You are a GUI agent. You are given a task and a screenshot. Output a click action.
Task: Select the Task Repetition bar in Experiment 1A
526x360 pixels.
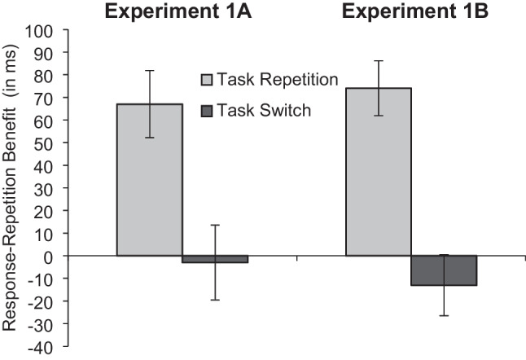(x=150, y=179)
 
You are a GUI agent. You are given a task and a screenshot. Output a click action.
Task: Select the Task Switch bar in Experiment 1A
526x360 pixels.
(x=215, y=259)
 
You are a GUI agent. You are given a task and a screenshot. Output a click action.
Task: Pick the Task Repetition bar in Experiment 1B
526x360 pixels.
(x=379, y=171)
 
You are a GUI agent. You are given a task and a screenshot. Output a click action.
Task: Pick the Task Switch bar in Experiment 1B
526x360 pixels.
(x=444, y=270)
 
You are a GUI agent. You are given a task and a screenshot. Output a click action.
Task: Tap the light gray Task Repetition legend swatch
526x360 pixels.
(x=207, y=80)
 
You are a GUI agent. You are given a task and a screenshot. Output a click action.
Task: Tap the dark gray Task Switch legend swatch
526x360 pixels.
(x=207, y=110)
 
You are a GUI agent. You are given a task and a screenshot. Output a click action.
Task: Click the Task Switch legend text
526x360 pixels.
(x=264, y=110)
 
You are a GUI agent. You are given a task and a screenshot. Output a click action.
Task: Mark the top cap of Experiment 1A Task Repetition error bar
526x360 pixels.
(x=150, y=71)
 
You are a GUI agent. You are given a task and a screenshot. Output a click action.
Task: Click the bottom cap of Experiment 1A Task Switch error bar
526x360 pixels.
(x=215, y=300)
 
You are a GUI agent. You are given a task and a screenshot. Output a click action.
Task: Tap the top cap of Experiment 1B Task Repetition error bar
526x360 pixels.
(x=379, y=60)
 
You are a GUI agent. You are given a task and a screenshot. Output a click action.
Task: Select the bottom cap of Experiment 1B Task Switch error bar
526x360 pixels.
(x=444, y=315)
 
